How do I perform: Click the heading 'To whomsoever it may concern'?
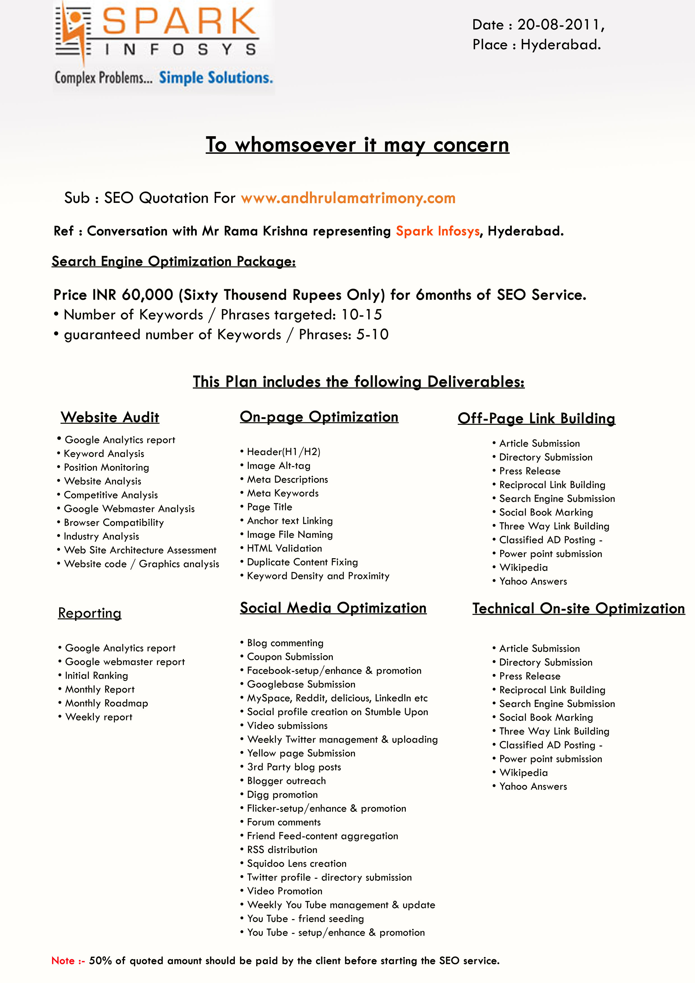pos(357,145)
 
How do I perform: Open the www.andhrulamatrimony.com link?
pos(348,198)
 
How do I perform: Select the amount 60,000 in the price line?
pos(147,295)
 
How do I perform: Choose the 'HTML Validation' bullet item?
pos(284,548)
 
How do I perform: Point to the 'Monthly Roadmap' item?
pos(106,703)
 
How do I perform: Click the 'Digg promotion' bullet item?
pos(282,795)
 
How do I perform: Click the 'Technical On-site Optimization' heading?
pos(578,608)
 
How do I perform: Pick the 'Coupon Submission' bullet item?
pos(290,657)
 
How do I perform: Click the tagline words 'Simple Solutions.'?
pos(216,78)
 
